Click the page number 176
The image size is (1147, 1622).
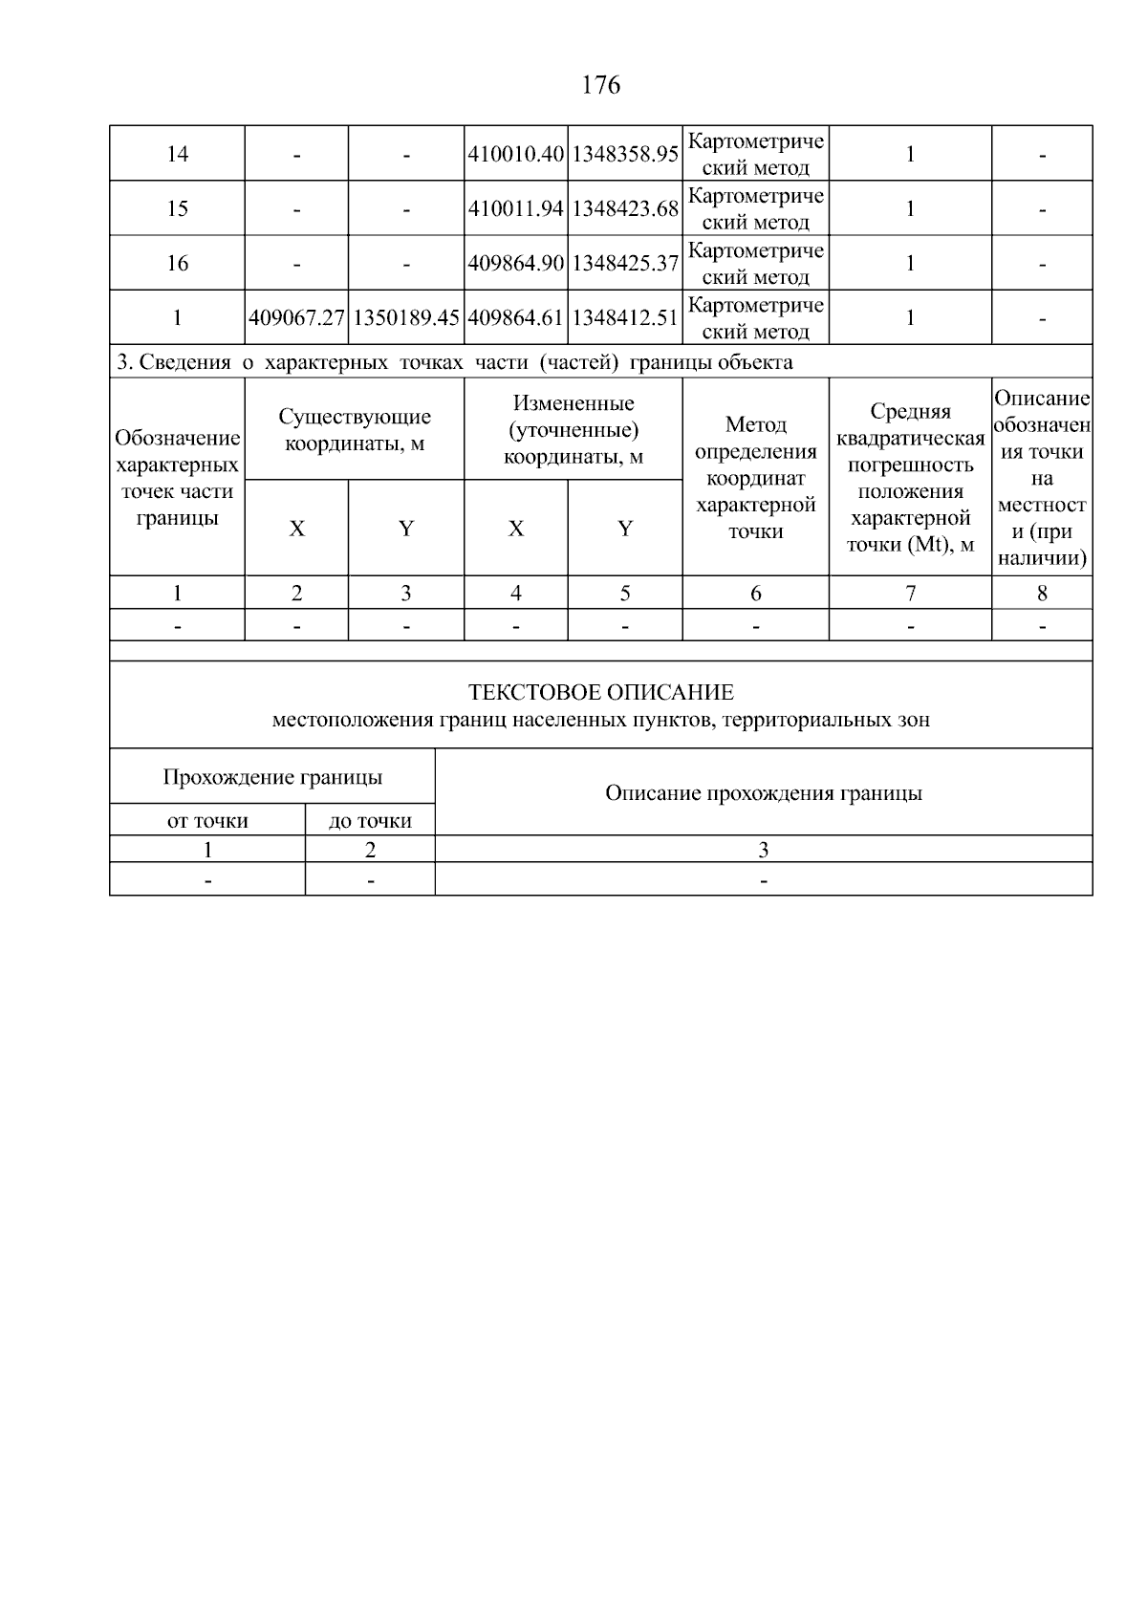click(x=600, y=86)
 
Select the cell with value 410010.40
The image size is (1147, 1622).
click(x=515, y=154)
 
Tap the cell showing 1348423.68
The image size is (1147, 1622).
click(x=625, y=208)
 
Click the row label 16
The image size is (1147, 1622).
click(x=177, y=263)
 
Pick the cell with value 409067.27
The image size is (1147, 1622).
click(x=296, y=318)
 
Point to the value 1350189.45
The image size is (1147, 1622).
click(x=406, y=318)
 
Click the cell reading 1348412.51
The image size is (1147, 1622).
click(x=625, y=318)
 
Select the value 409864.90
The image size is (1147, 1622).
click(x=515, y=263)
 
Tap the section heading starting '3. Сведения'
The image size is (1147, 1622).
click(x=454, y=362)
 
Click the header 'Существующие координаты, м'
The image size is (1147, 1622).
click(x=355, y=430)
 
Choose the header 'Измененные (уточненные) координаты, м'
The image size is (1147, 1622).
click(x=573, y=430)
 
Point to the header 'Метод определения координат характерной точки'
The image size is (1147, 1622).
click(x=755, y=477)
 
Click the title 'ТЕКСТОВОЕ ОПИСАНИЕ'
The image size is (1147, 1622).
click(x=600, y=692)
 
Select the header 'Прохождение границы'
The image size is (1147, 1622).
click(x=272, y=777)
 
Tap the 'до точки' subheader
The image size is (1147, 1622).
click(x=370, y=821)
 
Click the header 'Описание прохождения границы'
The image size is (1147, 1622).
click(x=763, y=793)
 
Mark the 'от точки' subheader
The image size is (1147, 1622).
click(x=207, y=821)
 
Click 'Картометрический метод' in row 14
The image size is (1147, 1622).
click(x=755, y=154)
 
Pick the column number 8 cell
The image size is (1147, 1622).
click(x=1042, y=594)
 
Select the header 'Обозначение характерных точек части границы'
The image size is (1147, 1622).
click(x=177, y=478)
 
